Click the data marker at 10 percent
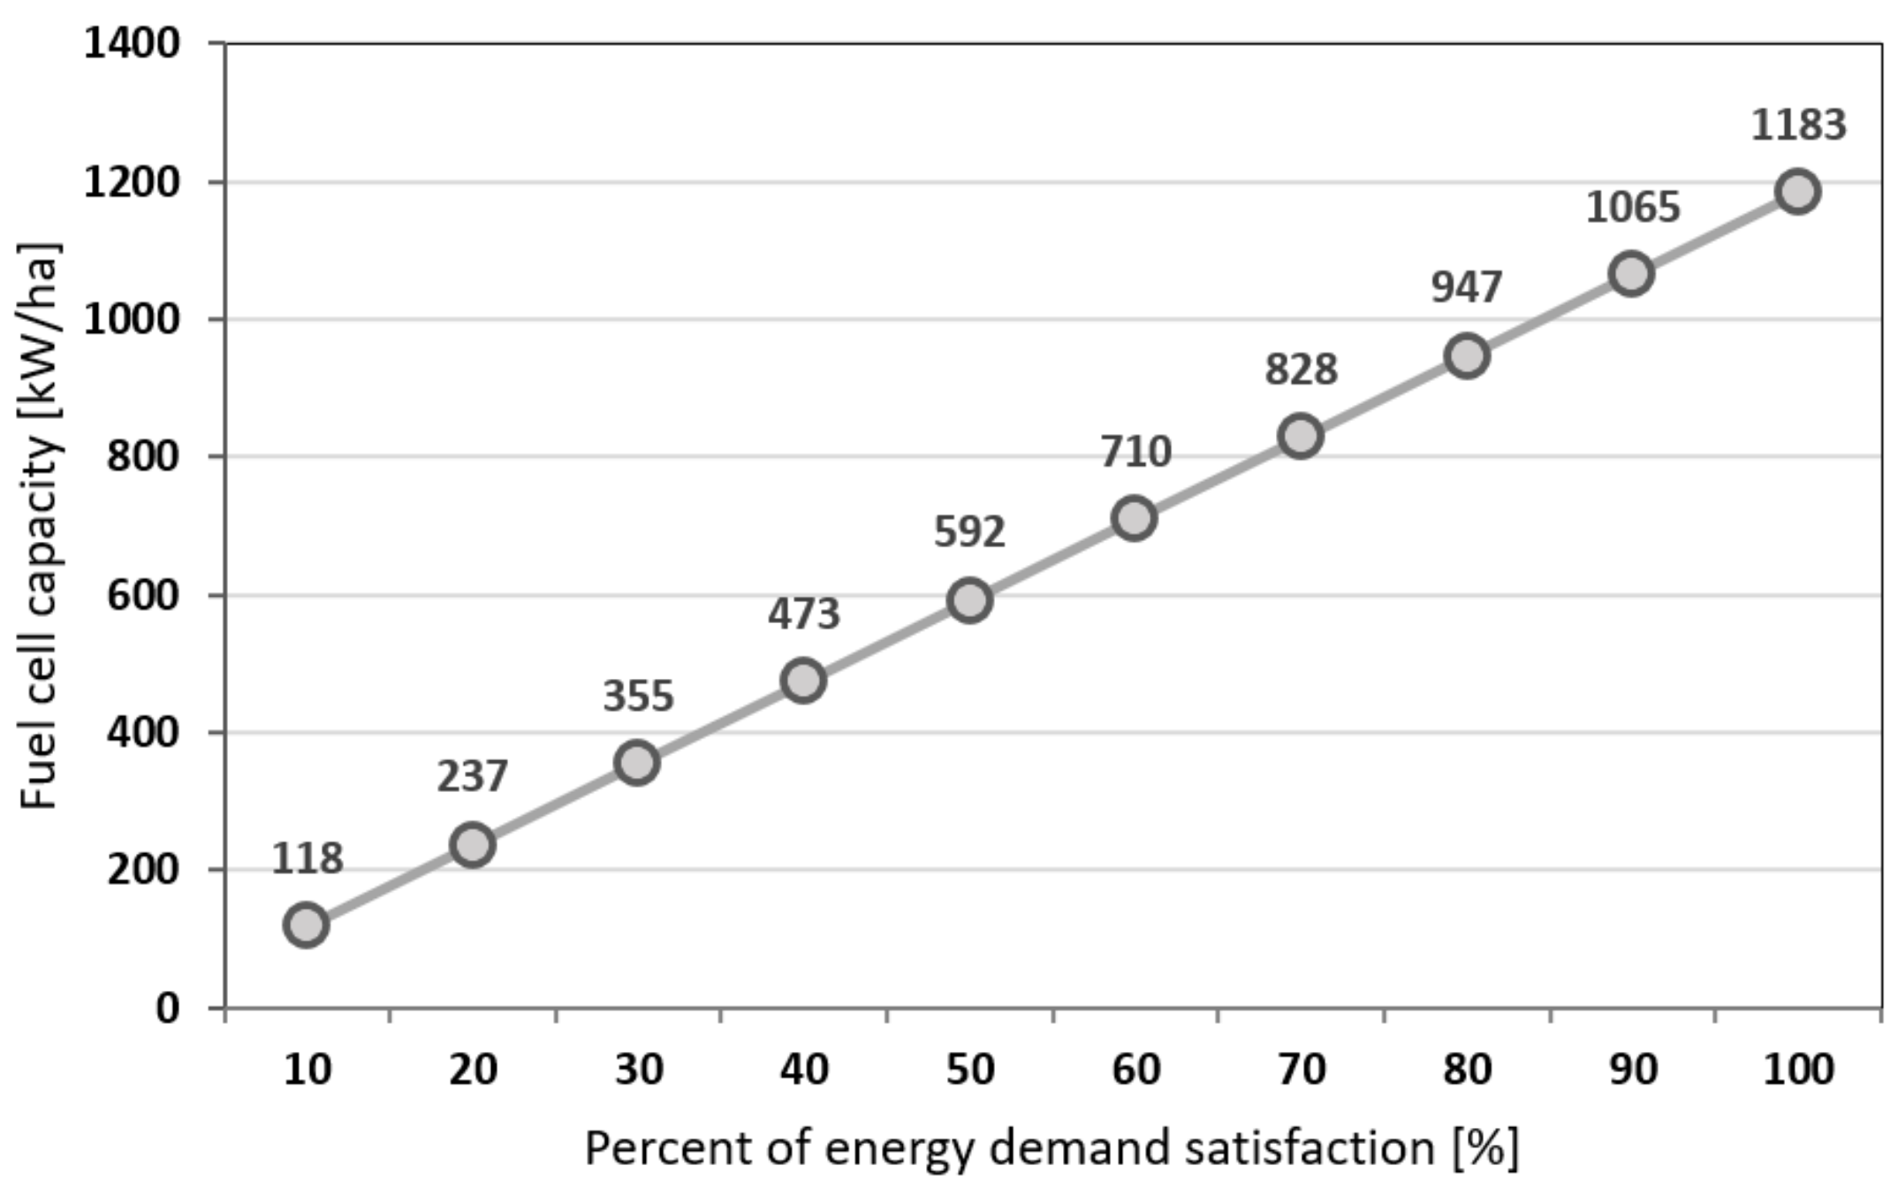307,925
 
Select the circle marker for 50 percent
969,600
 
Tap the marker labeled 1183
1797,191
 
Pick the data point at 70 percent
1300,436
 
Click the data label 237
472,777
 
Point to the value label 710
1135,453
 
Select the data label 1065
1632,208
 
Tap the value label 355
638,697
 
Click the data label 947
1466,287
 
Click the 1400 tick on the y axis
132,42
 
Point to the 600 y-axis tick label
142,595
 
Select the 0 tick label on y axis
167,1008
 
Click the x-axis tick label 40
803,1070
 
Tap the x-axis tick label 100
1798,1070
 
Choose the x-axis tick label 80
1467,1070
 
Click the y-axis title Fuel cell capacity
40,526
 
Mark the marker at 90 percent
1631,273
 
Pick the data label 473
803,614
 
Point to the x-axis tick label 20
473,1070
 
